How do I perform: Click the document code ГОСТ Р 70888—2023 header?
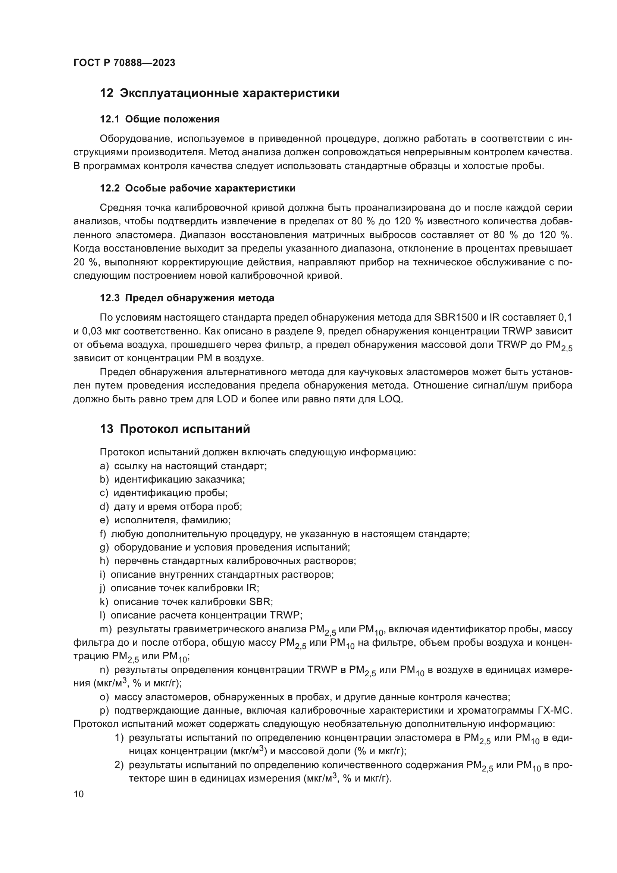[x=124, y=63]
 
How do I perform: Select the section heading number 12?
[x=106, y=93]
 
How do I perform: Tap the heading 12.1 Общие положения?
[x=160, y=119]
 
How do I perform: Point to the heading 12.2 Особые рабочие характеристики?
[x=198, y=188]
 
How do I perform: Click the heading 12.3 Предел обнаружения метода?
[x=187, y=298]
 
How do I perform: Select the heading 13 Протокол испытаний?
[x=175, y=429]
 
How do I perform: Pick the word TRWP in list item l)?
[x=285, y=615]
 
